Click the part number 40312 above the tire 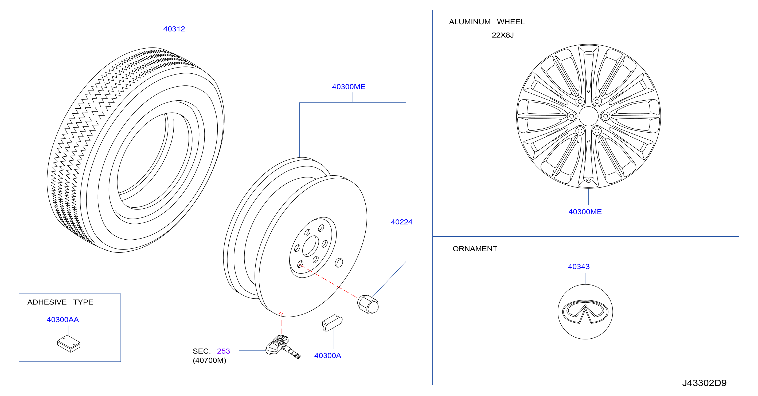174,29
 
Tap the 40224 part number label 401,222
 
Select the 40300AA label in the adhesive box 63,320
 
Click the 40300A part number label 327,355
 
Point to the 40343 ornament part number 579,267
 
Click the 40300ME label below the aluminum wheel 585,212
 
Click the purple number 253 223,351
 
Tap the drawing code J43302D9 704,383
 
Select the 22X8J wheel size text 503,35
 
